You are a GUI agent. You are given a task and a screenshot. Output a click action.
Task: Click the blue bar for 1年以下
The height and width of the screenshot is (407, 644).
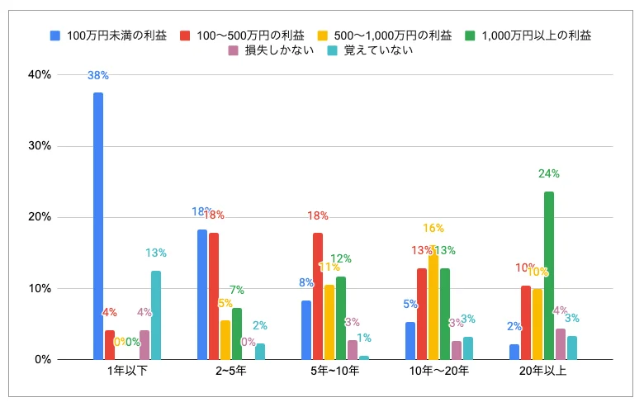98,226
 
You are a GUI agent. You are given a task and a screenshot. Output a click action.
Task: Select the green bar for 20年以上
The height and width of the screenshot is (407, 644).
549,276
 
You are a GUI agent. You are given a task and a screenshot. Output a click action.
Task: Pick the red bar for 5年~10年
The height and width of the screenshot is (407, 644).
318,296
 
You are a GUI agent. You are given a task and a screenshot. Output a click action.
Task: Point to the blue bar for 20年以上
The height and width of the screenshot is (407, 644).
514,352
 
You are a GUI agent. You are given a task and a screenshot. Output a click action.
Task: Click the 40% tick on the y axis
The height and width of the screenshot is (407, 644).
40,75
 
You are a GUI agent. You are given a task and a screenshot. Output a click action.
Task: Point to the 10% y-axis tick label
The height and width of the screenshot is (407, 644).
40,289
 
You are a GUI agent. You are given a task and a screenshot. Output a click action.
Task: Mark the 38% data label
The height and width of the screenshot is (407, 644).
98,76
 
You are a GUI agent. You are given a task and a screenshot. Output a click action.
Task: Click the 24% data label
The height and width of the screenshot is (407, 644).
549,174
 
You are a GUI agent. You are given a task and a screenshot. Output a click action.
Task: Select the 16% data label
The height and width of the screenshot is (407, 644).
434,229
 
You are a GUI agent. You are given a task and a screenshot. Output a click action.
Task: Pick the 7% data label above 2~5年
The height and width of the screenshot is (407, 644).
237,291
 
